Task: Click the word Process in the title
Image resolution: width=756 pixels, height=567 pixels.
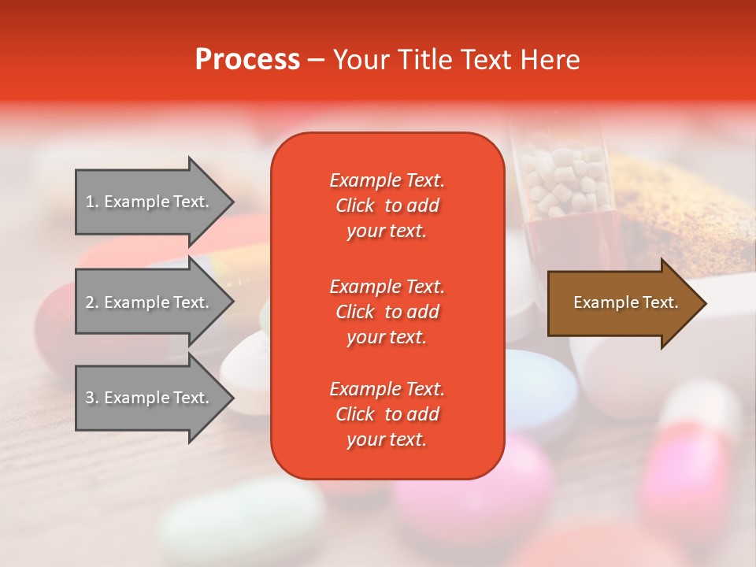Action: click(247, 60)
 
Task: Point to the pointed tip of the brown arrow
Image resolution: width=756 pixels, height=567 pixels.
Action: click(702, 303)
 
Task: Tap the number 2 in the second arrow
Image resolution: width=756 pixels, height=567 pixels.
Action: click(89, 303)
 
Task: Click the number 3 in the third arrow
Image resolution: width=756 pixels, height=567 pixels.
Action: click(89, 398)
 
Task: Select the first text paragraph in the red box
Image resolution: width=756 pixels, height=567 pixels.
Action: click(387, 206)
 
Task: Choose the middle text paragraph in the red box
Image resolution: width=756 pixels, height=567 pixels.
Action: click(387, 312)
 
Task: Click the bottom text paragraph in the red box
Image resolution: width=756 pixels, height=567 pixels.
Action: click(387, 414)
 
